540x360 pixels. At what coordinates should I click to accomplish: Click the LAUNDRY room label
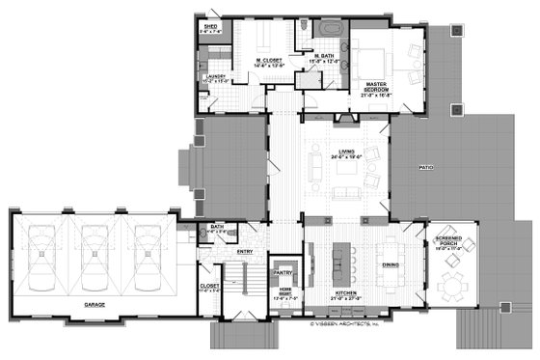pyautogui.click(x=214, y=77)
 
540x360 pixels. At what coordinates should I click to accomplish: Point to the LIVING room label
pyautogui.click(x=343, y=152)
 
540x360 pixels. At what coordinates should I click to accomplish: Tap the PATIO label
pyautogui.click(x=428, y=168)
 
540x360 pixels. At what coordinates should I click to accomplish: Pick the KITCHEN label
pyautogui.click(x=343, y=291)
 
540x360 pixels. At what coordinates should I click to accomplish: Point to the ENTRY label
pyautogui.click(x=244, y=252)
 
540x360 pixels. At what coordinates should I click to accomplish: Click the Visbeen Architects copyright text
pyautogui.click(x=345, y=324)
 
